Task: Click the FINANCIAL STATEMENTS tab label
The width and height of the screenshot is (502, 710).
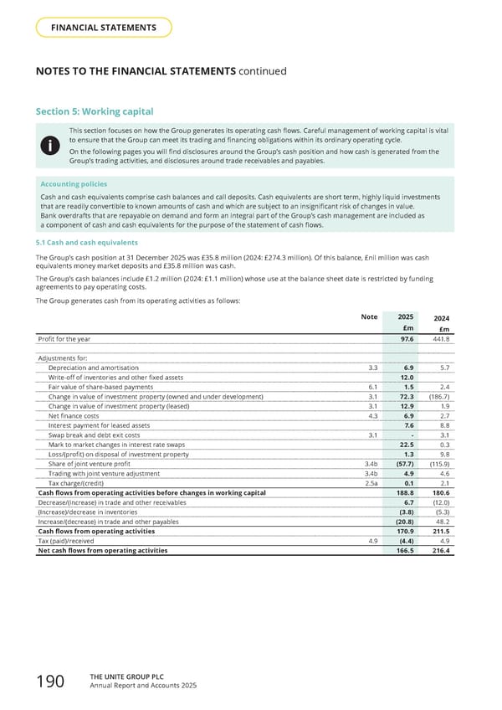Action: (x=104, y=28)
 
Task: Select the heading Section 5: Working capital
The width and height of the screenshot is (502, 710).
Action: (x=95, y=112)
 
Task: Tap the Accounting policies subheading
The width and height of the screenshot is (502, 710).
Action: (x=74, y=183)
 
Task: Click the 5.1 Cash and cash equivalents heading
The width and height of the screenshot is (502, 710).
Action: (x=87, y=242)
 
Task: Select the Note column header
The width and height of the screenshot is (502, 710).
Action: (x=369, y=316)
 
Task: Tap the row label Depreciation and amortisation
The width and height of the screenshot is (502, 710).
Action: (x=98, y=368)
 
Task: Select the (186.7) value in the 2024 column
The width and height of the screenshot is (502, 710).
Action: (x=437, y=397)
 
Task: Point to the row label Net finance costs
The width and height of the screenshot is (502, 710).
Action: (x=74, y=416)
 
